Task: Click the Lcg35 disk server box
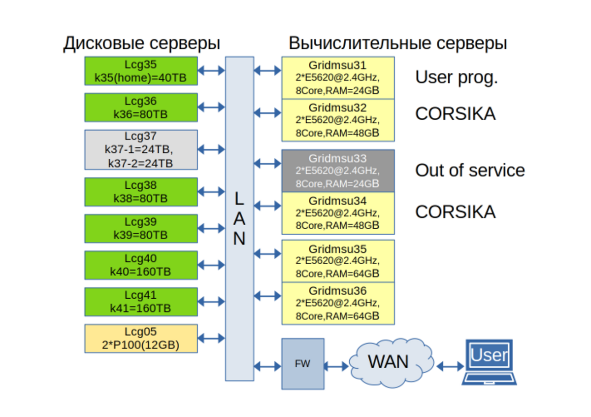point(141,71)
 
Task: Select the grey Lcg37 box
point(141,149)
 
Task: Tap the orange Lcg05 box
point(141,338)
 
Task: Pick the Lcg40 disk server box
point(141,265)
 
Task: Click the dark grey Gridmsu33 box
point(338,171)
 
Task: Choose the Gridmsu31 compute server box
point(338,78)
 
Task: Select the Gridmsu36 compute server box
point(338,303)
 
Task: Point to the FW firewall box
point(303,364)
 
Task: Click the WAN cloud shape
point(388,363)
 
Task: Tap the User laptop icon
point(489,362)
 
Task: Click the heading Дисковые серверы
point(141,43)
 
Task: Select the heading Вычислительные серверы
point(397,43)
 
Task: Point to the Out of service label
point(470,171)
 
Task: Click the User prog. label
point(457,77)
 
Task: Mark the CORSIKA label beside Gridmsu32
point(455,114)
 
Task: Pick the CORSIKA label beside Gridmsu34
point(455,212)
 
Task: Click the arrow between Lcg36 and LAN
point(211,107)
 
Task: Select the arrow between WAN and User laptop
point(450,366)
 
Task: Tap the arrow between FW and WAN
point(336,366)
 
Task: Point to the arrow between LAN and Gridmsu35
point(267,253)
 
